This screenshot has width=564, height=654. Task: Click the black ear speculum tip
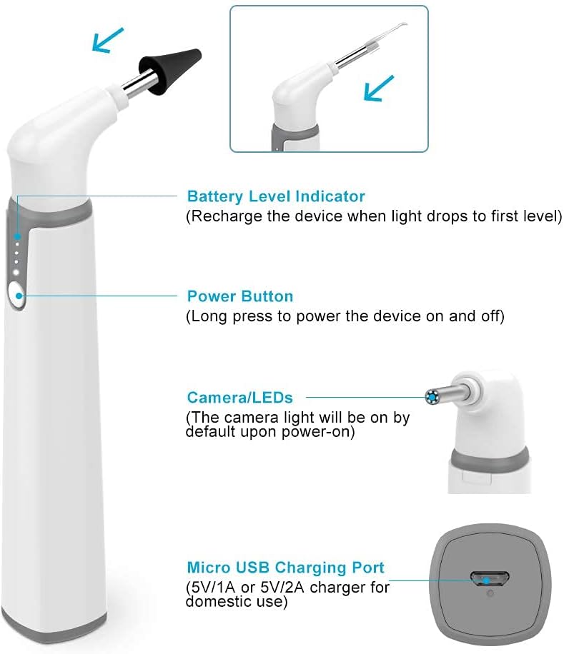click(x=169, y=70)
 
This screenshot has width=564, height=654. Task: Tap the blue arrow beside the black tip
click(x=108, y=40)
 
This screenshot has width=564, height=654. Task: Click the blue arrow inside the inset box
click(x=379, y=88)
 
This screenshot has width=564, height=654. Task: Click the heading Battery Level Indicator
click(x=276, y=196)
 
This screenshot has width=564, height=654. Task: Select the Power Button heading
click(x=240, y=296)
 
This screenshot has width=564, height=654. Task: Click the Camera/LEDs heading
click(x=239, y=398)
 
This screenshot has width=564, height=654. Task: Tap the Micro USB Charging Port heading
click(x=285, y=568)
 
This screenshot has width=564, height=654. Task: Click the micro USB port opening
click(x=490, y=579)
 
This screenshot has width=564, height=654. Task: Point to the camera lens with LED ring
click(x=432, y=397)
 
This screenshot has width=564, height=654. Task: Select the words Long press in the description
click(x=232, y=316)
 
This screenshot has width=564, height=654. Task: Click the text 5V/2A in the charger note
click(x=282, y=588)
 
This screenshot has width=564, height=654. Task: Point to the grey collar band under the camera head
click(x=490, y=458)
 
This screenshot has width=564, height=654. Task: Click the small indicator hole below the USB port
click(x=490, y=593)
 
